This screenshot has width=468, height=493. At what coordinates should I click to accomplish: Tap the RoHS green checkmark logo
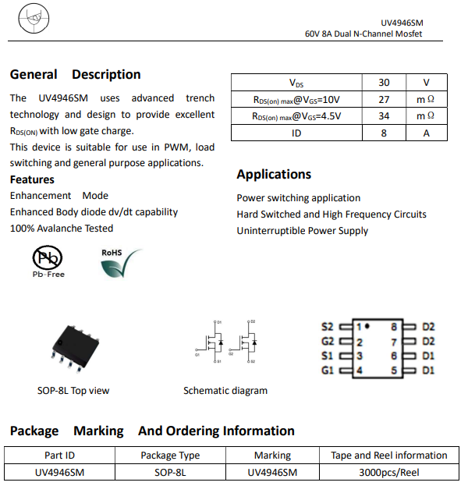point(121,263)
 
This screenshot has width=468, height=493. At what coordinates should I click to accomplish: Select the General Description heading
point(75,75)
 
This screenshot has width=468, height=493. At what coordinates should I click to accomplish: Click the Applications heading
point(274,174)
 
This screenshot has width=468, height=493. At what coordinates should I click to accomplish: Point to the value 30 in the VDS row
point(384,83)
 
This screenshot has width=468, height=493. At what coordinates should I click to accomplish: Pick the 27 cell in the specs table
point(384,100)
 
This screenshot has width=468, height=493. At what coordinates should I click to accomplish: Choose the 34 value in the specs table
point(384,116)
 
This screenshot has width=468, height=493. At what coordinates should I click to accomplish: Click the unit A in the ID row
point(426,133)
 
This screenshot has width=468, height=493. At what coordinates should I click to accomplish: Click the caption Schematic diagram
point(225,391)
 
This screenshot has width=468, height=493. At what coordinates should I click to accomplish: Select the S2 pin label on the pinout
point(328,326)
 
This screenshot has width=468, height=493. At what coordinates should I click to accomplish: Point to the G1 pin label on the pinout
point(328,371)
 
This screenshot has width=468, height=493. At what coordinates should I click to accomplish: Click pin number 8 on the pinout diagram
point(395,326)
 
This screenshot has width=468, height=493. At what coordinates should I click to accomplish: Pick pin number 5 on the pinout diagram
point(395,371)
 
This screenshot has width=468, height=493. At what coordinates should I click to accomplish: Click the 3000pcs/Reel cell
point(389,472)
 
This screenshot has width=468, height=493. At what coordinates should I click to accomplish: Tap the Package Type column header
point(170,456)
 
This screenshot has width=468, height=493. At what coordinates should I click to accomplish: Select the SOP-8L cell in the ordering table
point(170,472)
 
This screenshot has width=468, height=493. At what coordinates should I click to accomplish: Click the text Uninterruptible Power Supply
point(303,231)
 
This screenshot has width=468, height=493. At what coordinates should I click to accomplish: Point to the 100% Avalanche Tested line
point(62,229)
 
